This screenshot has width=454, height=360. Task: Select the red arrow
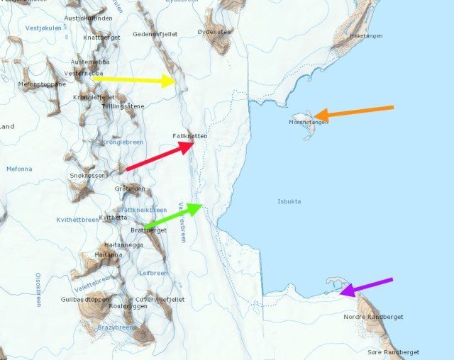point(160,157)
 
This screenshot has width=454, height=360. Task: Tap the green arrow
point(173,215)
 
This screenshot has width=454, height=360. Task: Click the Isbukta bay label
point(289,201)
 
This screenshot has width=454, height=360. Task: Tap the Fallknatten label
point(189,135)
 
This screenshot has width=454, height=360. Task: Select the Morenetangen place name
point(309,122)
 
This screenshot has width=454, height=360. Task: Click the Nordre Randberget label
point(373,316)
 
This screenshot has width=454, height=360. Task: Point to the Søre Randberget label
point(394,352)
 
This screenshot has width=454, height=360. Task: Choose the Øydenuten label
point(214,32)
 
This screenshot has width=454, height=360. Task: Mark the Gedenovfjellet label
point(155,34)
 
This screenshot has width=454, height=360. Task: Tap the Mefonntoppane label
point(42,84)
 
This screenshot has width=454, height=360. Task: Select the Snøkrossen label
point(88,175)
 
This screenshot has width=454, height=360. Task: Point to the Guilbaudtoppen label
point(85,299)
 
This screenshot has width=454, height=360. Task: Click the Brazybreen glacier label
point(115,327)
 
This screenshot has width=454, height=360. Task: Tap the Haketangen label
point(367,35)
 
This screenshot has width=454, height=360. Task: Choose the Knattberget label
point(102,37)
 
